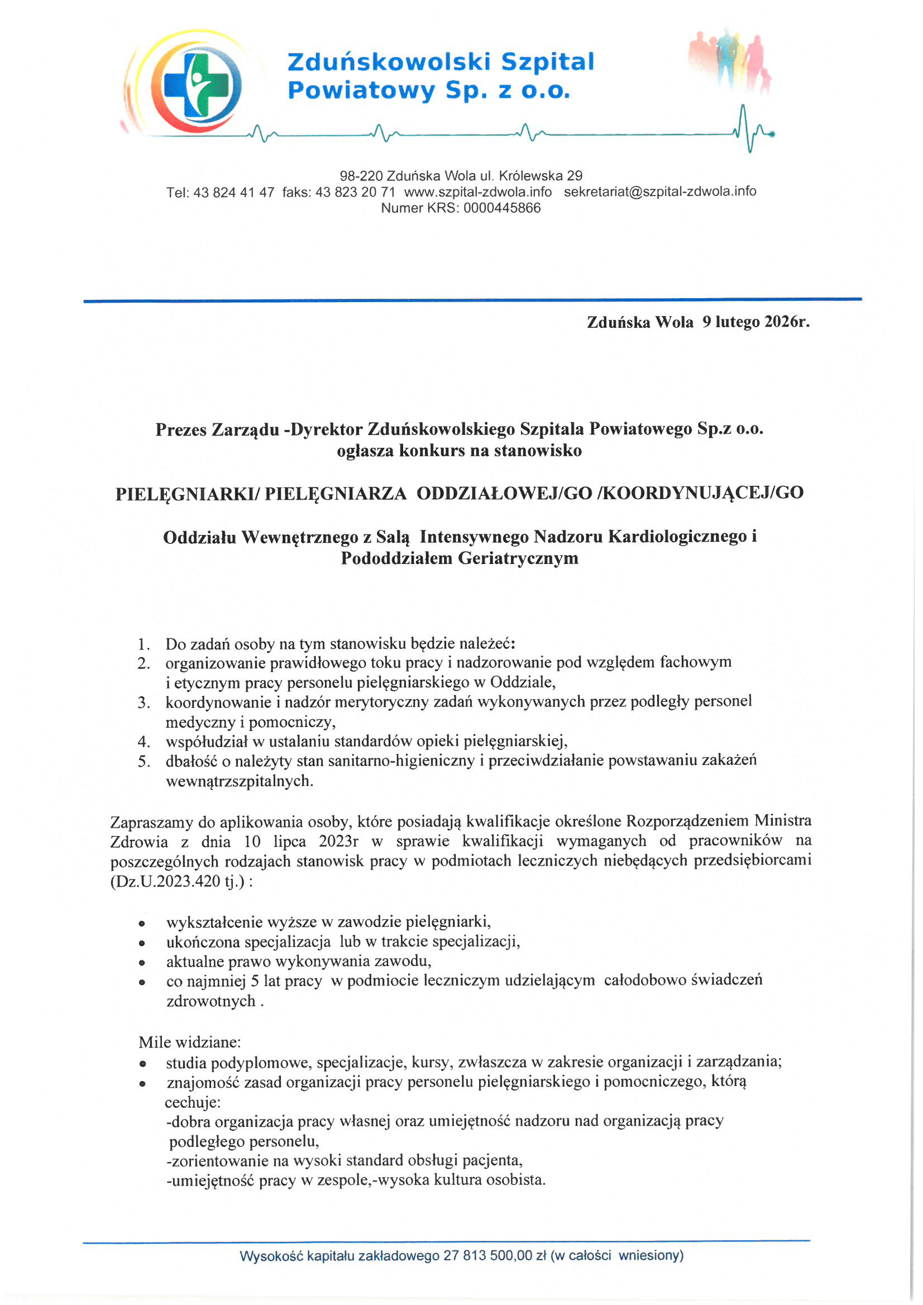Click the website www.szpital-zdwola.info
click(477, 192)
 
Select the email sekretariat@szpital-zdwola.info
click(659, 192)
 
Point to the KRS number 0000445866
click(502, 208)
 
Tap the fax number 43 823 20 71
click(355, 192)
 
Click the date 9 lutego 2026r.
click(755, 322)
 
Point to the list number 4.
click(144, 742)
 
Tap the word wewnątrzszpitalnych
click(240, 781)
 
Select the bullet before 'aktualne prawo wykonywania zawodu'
click(142, 963)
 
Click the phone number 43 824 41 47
click(233, 192)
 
